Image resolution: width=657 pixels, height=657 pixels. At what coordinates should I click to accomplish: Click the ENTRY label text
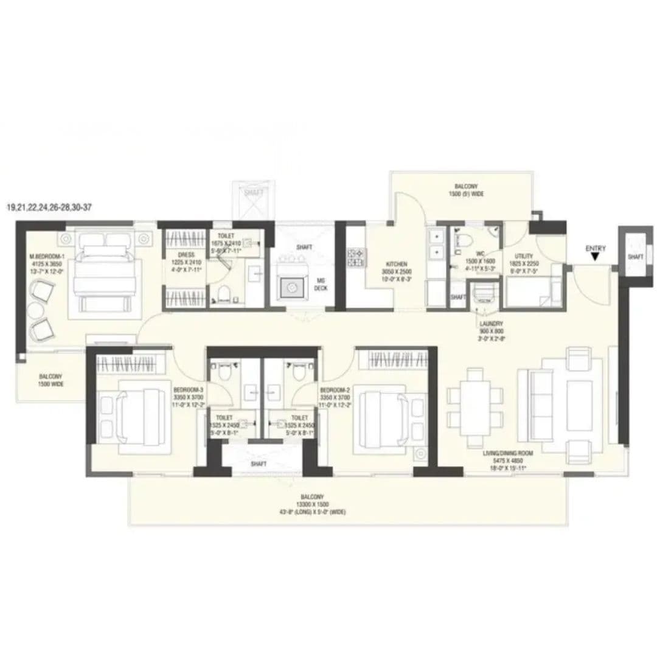click(x=596, y=248)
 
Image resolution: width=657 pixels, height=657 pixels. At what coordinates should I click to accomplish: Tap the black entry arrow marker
click(x=595, y=258)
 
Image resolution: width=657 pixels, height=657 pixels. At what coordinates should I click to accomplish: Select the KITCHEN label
click(x=397, y=264)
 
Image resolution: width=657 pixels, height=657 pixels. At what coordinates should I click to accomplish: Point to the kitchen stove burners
click(x=355, y=258)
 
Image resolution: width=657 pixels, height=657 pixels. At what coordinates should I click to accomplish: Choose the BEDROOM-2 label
click(x=333, y=389)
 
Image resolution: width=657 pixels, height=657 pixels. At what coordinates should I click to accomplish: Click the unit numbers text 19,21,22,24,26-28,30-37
click(x=50, y=208)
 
